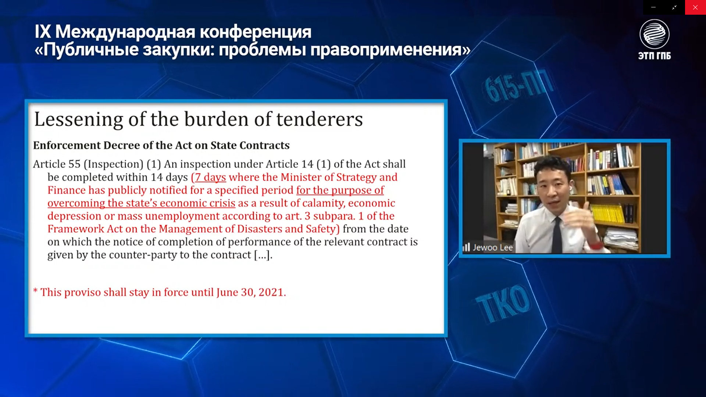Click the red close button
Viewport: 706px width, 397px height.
[695, 7]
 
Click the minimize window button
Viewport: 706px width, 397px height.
[653, 7]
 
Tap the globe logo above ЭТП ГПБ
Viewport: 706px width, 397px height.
[655, 34]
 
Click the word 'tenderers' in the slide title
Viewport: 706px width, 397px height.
[320, 119]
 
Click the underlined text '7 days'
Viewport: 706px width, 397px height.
[210, 177]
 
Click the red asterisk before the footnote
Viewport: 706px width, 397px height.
[35, 291]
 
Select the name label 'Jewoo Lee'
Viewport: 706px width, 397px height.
[493, 247]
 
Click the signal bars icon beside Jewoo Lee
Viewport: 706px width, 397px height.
[466, 247]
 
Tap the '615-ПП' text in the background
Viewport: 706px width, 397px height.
[519, 86]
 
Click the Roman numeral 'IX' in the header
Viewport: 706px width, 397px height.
[43, 32]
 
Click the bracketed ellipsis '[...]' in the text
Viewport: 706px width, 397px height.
[263, 255]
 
